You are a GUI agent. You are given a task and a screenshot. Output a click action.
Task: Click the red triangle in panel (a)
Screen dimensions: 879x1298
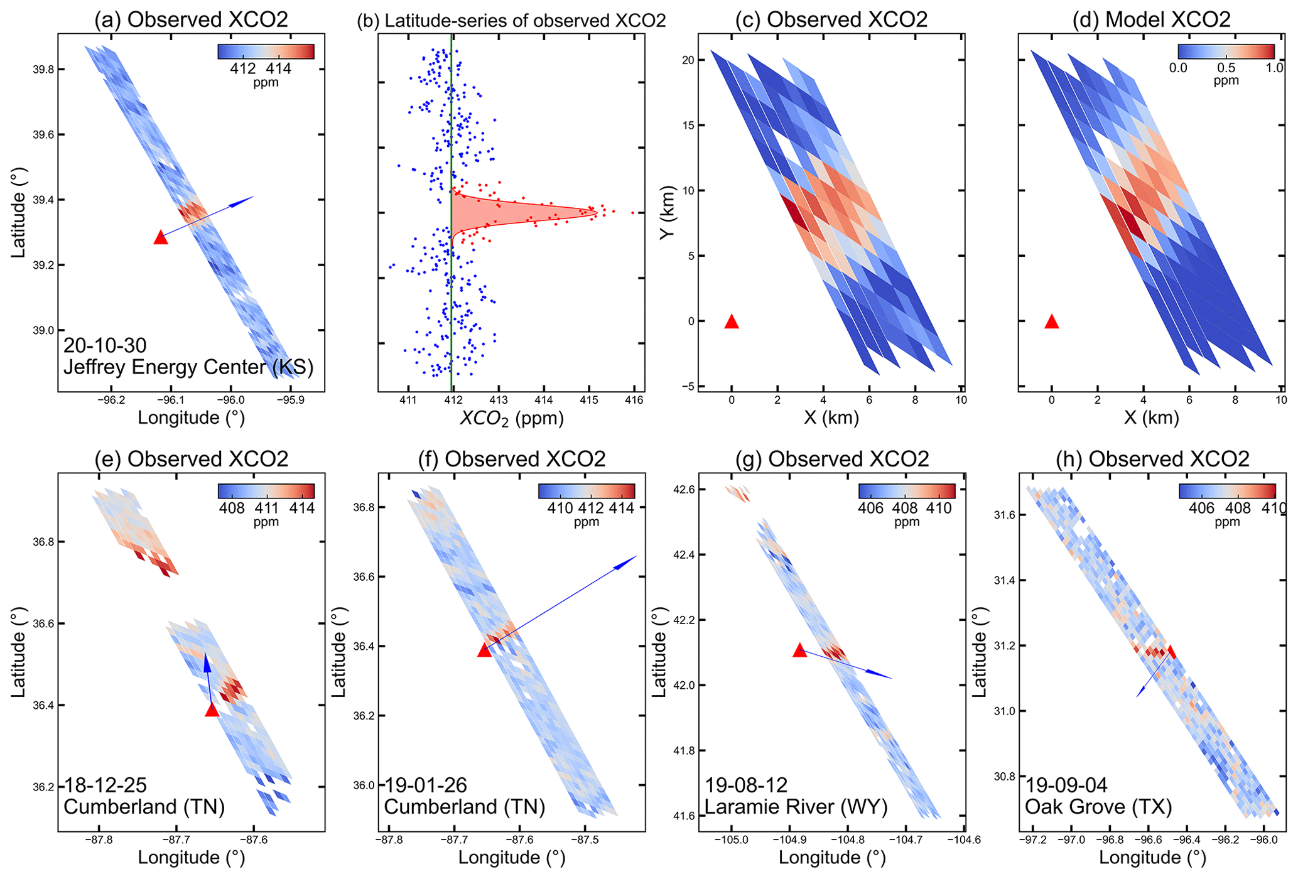point(161,237)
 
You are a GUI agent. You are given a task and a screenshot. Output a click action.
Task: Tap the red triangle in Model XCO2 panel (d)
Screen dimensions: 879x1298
point(1052,322)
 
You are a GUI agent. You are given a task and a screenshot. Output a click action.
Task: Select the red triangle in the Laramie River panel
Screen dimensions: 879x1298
point(799,650)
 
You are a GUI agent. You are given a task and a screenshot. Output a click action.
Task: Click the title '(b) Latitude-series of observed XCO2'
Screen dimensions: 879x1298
point(511,20)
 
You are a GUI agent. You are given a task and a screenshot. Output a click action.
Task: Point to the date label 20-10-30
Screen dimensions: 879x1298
point(105,345)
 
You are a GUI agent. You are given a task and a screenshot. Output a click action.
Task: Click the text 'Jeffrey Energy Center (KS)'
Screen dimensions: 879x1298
point(188,367)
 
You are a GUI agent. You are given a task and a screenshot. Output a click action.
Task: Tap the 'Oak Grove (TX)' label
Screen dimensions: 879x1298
point(1098,807)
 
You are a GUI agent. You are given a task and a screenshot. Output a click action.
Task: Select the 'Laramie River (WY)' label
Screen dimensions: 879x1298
point(796,807)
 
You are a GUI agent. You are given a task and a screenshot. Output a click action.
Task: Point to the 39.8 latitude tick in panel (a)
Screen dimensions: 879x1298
point(43,69)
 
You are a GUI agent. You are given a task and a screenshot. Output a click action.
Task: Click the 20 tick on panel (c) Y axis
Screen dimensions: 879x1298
point(688,60)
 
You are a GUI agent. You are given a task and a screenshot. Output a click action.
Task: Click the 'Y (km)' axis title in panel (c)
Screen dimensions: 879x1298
point(668,212)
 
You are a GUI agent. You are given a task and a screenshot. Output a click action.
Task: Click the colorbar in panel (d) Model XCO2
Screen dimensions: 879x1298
point(1226,51)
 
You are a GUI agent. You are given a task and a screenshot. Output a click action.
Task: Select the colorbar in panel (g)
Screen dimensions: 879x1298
point(907,491)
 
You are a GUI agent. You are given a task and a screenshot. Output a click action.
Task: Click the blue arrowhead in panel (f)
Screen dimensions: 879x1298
point(625,562)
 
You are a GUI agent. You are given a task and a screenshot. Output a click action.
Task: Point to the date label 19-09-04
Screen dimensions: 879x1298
point(1066,785)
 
